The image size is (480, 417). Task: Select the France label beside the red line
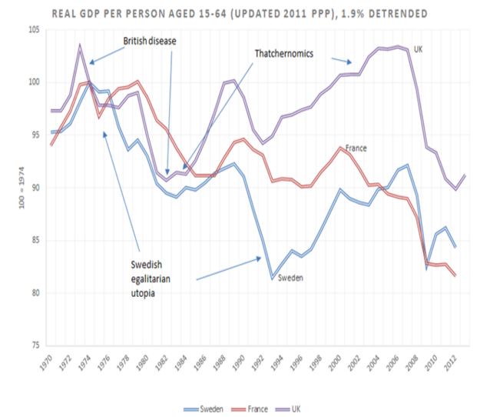coord(356,148)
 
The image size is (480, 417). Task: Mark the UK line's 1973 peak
coord(80,45)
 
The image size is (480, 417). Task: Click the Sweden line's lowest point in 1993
coord(272,278)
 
